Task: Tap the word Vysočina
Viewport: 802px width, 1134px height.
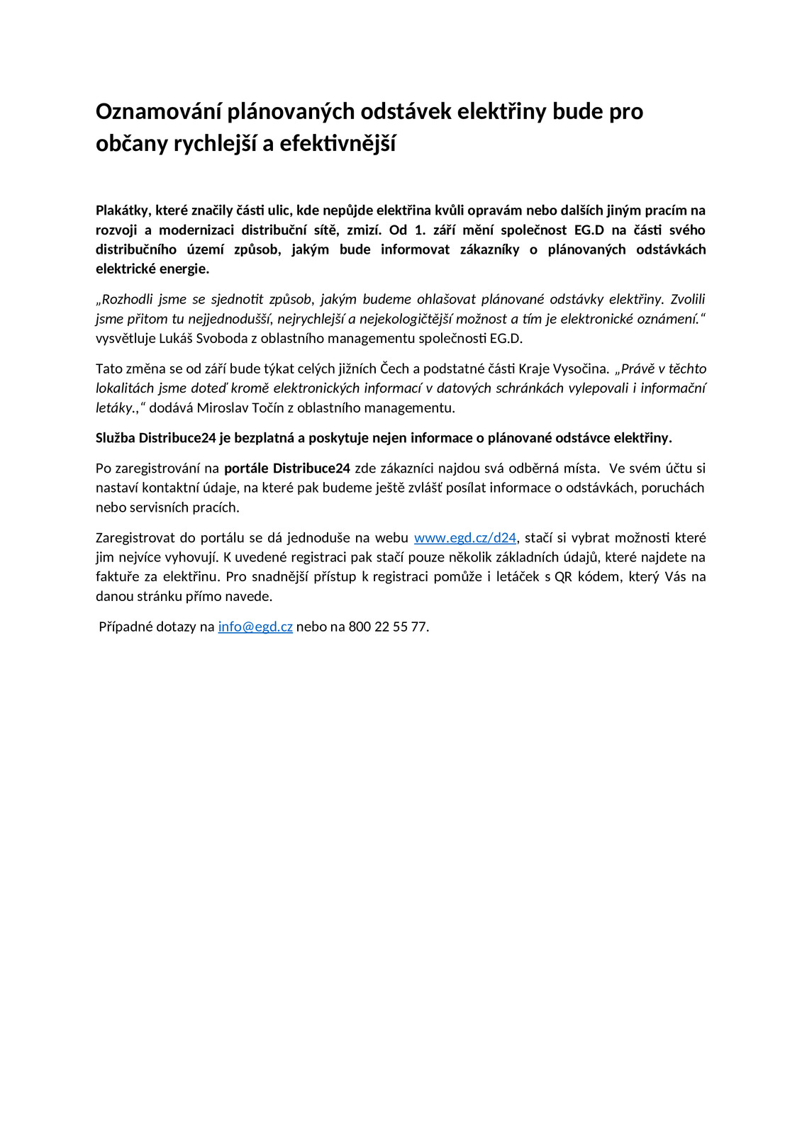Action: tap(581, 369)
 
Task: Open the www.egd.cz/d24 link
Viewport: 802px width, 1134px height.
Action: tap(465, 538)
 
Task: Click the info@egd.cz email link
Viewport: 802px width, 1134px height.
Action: tap(255, 627)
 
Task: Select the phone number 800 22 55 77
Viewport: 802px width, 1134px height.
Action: tap(388, 627)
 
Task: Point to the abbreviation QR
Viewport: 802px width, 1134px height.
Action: tap(563, 577)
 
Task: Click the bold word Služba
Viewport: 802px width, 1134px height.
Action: tap(116, 438)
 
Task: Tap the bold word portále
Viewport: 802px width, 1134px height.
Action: tap(246, 468)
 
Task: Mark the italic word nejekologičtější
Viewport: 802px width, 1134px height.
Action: tap(406, 319)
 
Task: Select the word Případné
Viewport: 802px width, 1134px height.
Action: tap(123, 627)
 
